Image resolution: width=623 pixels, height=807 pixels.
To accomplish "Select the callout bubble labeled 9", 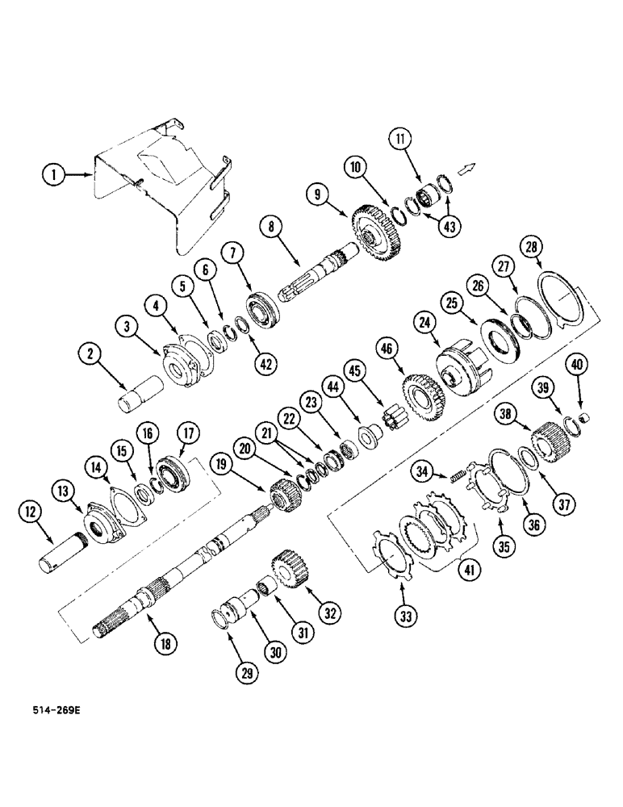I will coord(318,194).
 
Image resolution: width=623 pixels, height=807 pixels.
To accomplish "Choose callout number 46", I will coord(386,349).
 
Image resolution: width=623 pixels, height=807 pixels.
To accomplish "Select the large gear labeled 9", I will coord(376,232).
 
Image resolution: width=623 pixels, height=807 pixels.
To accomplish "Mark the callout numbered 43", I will coord(449,227).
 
